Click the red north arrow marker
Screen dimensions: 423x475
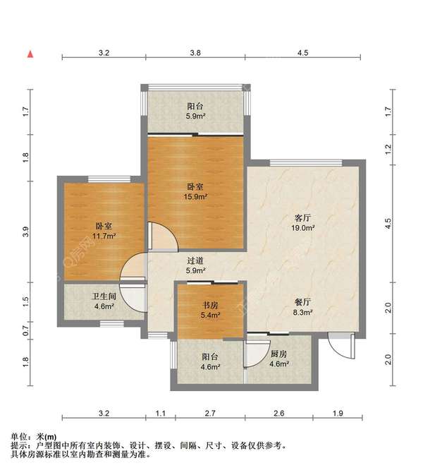click(30, 54)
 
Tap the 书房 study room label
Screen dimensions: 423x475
click(210, 305)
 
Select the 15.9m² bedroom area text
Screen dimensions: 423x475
click(195, 197)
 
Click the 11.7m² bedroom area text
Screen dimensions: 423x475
click(104, 236)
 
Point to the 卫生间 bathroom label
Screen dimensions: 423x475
click(104, 296)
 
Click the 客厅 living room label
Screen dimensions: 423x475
click(302, 218)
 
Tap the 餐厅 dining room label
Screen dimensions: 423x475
click(302, 302)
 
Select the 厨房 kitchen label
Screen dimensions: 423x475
click(278, 354)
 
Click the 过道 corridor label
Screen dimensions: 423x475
click(195, 260)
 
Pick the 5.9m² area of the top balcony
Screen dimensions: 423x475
click(196, 116)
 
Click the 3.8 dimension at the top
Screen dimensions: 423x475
click(195, 53)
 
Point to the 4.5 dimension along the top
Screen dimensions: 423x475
click(302, 53)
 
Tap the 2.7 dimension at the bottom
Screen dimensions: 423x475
click(210, 413)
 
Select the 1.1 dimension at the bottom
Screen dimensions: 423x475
click(160, 413)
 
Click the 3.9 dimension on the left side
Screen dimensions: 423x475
click(25, 232)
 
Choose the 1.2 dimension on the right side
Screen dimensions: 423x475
click(388, 149)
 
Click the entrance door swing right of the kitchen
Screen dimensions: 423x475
click(342, 346)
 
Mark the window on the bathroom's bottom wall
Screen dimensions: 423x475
click(112, 323)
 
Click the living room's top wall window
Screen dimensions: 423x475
click(306, 163)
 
